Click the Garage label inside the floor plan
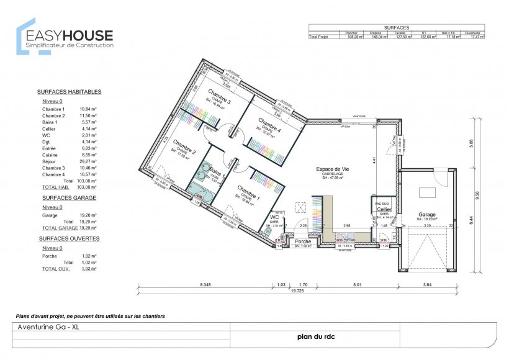pyautogui.click(x=426, y=214)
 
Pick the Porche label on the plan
pyautogui.click(x=303, y=241)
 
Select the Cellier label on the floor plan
pyautogui.click(x=384, y=209)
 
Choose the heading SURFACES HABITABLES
pyautogui.click(x=69, y=91)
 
